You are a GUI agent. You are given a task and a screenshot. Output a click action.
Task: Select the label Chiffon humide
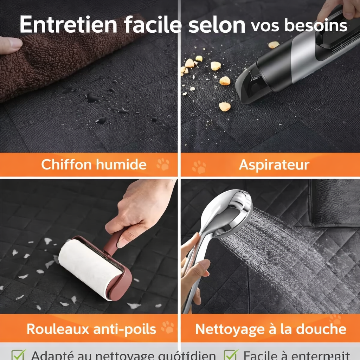pyautogui.click(x=94, y=164)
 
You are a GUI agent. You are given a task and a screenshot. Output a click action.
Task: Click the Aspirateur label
pyautogui.click(x=274, y=165)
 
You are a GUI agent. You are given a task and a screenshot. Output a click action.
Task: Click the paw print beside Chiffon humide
pyautogui.click(x=163, y=164)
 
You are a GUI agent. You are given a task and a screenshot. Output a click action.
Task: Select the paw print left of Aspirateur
pyautogui.click(x=199, y=167)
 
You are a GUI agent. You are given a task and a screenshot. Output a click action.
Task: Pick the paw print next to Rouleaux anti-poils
pyautogui.click(x=167, y=327)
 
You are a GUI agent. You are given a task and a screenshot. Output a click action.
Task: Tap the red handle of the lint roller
pyautogui.click(x=114, y=243)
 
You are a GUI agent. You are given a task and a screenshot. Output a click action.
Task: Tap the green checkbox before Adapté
pyautogui.click(x=18, y=354)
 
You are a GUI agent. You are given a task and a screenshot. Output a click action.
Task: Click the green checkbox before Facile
pyautogui.click(x=231, y=354)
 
